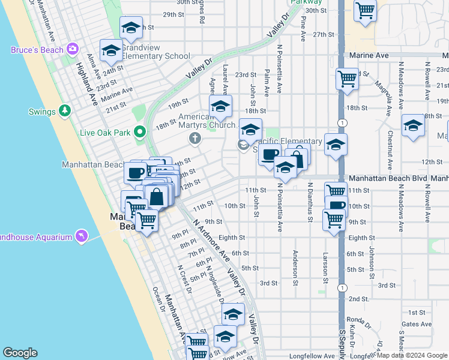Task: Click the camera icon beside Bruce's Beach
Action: pyautogui.click(x=73, y=49)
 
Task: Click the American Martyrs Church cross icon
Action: pyautogui.click(x=194, y=139)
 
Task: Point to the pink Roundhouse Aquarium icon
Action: pyautogui.click(x=82, y=236)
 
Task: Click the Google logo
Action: pyautogui.click(x=20, y=353)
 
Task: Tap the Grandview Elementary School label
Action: pyautogui.click(x=156, y=52)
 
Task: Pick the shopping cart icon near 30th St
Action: pyautogui.click(x=364, y=10)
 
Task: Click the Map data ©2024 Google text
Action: pyautogui.click(x=412, y=355)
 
